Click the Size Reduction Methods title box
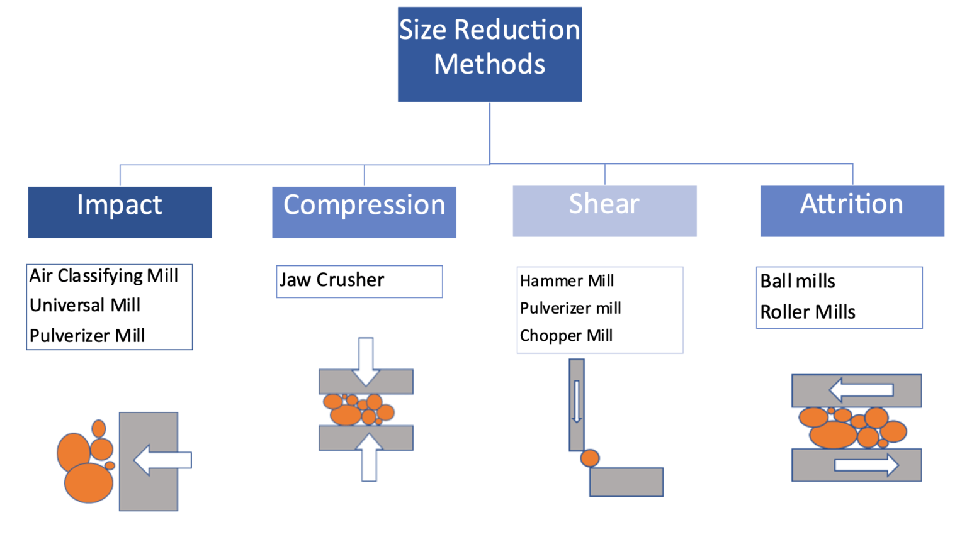click(x=489, y=54)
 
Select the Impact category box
click(x=120, y=212)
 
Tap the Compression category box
click(x=364, y=212)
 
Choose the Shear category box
click(x=604, y=211)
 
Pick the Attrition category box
click(x=852, y=211)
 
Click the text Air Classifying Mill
click(x=104, y=276)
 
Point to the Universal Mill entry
click(x=85, y=306)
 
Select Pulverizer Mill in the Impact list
click(x=88, y=336)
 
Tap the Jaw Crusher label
click(x=332, y=280)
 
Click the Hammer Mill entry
click(x=567, y=281)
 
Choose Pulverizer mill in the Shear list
click(x=570, y=308)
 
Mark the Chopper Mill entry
click(x=566, y=336)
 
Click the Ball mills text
click(x=798, y=281)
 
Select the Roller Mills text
click(x=808, y=312)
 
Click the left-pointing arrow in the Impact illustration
click(x=162, y=460)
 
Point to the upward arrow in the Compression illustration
click(x=369, y=457)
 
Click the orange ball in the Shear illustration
click(x=590, y=458)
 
